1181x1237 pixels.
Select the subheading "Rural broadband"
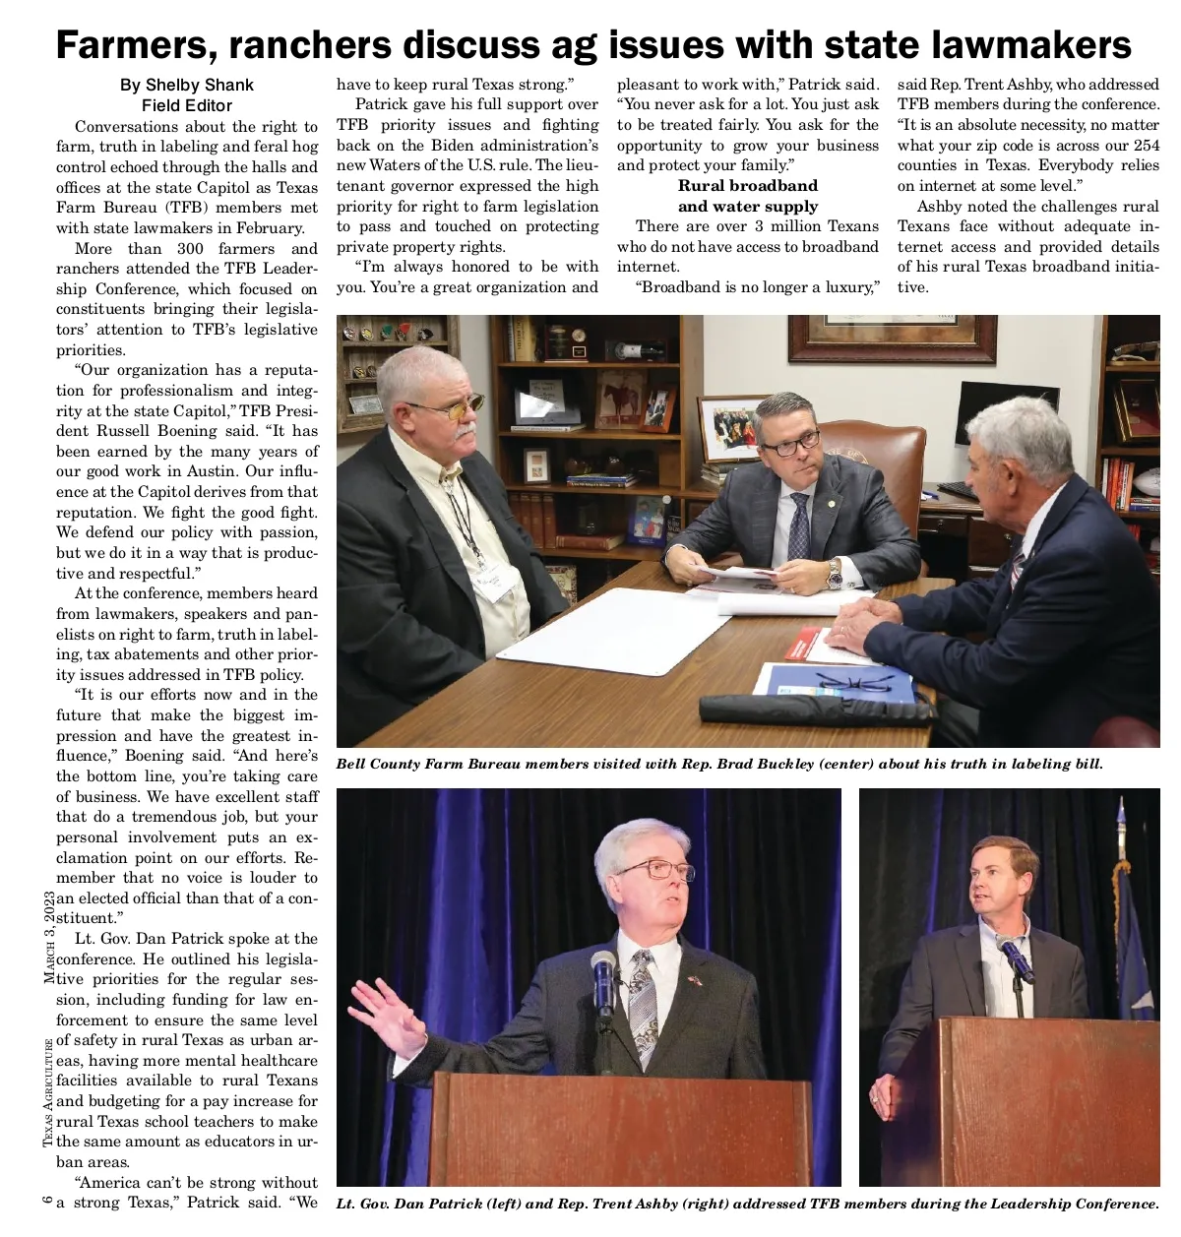[748, 185]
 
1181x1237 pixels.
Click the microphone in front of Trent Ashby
[1014, 959]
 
